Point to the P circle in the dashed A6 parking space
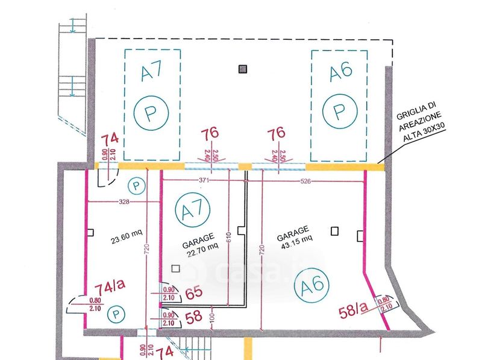(x=339, y=111)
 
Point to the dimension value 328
(x=124, y=201)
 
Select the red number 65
(x=193, y=294)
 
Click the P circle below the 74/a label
(x=115, y=314)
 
